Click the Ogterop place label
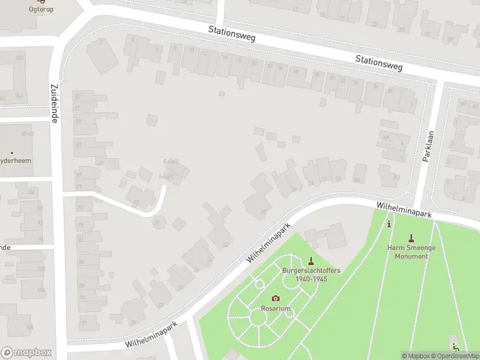click(x=40, y=9)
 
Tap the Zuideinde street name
click(x=54, y=103)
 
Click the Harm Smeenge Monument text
click(x=411, y=252)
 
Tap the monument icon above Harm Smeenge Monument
click(x=411, y=238)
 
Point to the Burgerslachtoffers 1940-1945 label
click(x=311, y=275)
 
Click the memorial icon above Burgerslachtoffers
click(x=311, y=260)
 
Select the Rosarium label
click(x=275, y=308)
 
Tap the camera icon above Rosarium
click(x=275, y=298)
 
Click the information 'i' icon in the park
click(x=389, y=224)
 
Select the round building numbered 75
click(x=158, y=223)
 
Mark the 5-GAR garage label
click(x=171, y=162)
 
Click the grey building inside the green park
click(x=329, y=236)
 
